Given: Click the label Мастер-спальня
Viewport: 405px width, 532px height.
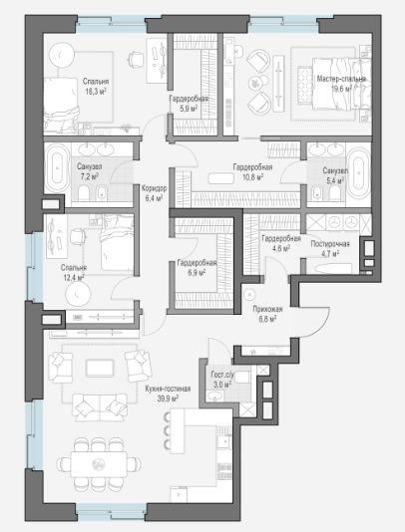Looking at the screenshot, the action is [341, 79].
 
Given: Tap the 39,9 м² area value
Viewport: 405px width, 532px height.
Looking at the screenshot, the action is [168, 399].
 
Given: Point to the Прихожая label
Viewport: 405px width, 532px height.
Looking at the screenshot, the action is [267, 309].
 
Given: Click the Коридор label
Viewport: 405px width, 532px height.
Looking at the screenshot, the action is [154, 188].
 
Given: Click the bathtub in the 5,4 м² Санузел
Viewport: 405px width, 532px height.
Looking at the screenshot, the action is [358, 173].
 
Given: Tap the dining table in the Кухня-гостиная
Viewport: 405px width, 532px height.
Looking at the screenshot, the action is [99, 464].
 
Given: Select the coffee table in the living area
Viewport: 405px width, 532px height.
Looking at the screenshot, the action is [100, 369].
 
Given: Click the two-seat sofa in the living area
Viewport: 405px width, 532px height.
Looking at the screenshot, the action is [100, 407].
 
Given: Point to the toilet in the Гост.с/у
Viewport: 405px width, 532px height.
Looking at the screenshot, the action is [242, 378].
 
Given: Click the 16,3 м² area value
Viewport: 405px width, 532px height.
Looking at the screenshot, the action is [96, 92].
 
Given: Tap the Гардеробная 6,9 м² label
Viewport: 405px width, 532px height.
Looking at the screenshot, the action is [197, 267].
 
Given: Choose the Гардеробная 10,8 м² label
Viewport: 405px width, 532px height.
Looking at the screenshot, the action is [252, 171].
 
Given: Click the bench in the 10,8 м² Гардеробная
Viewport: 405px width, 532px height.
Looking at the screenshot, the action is [220, 178].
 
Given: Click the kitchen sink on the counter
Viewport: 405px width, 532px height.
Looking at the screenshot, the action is [223, 441].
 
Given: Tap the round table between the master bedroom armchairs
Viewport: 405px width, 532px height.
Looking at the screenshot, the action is [255, 83].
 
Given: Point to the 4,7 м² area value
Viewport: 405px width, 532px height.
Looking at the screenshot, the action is [330, 253].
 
